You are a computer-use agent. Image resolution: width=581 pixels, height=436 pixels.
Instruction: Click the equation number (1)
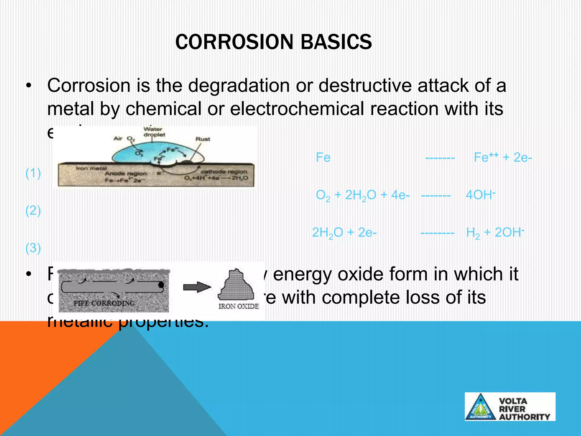pyautogui.click(x=33, y=173)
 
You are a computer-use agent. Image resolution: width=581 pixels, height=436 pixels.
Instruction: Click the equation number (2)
pyautogui.click(x=33, y=211)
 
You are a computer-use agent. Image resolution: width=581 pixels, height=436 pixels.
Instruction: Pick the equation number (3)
pyautogui.click(x=33, y=248)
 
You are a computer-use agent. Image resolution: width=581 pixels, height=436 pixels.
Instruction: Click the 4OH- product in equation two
pyautogui.click(x=480, y=195)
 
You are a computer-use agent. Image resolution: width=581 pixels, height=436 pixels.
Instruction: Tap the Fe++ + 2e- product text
pyautogui.click(x=503, y=157)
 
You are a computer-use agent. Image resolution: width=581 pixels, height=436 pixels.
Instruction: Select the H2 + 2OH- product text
pyautogui.click(x=495, y=233)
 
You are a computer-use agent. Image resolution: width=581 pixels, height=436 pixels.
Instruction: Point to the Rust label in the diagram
pyautogui.click(x=203, y=139)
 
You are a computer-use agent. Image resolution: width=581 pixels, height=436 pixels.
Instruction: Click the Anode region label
pyautogui.click(x=126, y=173)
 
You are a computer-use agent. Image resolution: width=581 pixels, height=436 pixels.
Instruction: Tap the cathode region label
pyautogui.click(x=224, y=172)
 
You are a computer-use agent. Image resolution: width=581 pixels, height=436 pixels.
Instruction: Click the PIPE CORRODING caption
pyautogui.click(x=104, y=303)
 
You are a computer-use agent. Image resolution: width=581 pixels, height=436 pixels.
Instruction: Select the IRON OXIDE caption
pyautogui.click(x=238, y=306)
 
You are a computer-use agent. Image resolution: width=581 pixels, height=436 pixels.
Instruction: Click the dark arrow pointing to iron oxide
pyautogui.click(x=197, y=287)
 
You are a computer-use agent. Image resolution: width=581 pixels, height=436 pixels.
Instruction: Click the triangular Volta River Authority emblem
pyautogui.click(x=480, y=407)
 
